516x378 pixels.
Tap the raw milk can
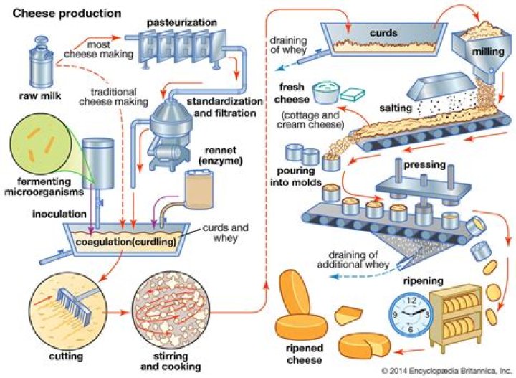37,64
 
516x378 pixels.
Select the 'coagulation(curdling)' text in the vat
126,240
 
